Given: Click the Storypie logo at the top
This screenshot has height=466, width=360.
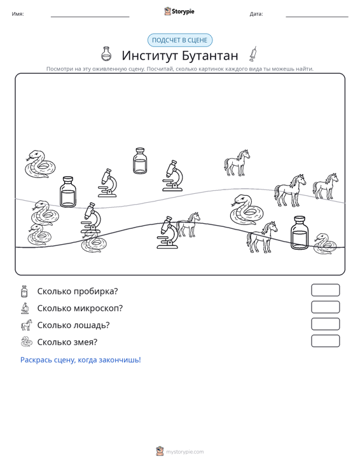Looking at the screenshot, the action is point(179,11).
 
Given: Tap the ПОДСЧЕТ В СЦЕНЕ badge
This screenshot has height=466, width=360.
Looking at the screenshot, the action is point(180,40).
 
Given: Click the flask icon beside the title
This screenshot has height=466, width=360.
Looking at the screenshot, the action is point(106,54).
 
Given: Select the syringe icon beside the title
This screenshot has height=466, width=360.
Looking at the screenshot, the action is point(253,54).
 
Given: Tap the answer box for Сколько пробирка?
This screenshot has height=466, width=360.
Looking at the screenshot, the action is point(325,290).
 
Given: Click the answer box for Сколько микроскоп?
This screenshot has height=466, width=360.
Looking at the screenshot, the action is point(325,307).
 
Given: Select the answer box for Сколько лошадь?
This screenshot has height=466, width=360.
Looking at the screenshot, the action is point(325,324).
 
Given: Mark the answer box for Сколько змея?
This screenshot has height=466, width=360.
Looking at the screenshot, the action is point(325,341).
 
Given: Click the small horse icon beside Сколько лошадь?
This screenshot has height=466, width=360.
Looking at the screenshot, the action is point(26,325).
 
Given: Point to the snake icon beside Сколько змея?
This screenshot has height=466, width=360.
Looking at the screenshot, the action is point(26,342).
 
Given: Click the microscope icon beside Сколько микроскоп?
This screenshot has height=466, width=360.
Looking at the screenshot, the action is point(25,308).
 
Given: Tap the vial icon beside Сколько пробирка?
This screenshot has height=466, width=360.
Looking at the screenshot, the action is point(24,291).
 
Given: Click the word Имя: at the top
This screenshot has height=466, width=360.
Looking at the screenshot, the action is point(18,14).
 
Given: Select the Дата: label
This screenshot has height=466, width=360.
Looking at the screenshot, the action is point(256,14).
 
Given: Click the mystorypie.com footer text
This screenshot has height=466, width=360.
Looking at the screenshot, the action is point(184,452).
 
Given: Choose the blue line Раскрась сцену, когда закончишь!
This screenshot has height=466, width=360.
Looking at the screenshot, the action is point(81,360).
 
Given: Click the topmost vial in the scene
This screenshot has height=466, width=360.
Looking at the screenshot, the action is point(140,160).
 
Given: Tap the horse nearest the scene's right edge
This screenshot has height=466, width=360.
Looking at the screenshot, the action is point(325,186).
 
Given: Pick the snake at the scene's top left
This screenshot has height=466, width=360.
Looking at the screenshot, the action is point(40,164).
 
